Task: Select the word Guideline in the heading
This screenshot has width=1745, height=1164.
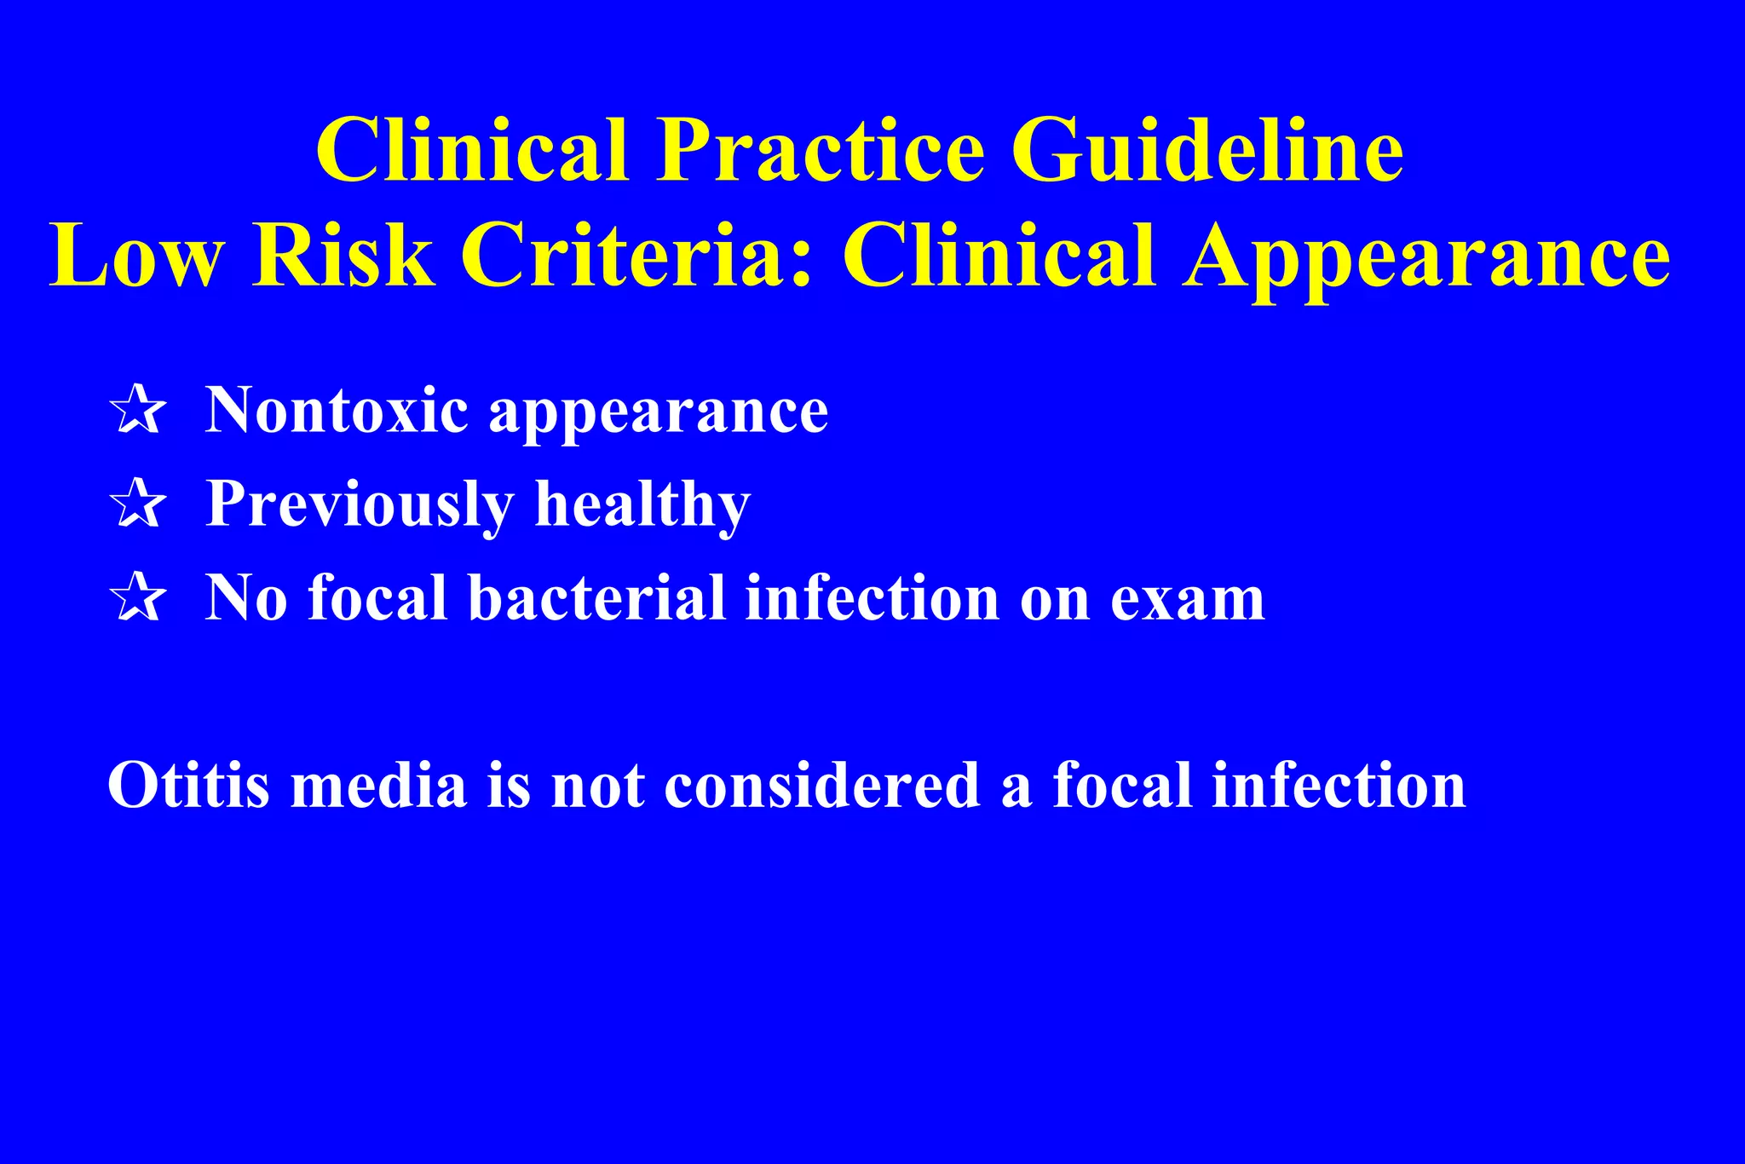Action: (x=1207, y=151)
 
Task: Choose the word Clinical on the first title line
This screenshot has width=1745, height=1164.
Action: (x=473, y=151)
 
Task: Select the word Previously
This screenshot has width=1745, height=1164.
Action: (x=360, y=505)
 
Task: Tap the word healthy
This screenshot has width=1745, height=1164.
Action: (x=642, y=505)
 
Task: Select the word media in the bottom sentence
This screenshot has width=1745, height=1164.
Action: (x=379, y=784)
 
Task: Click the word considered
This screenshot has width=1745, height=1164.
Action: (x=822, y=784)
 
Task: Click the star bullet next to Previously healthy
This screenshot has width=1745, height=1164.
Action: (x=137, y=504)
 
